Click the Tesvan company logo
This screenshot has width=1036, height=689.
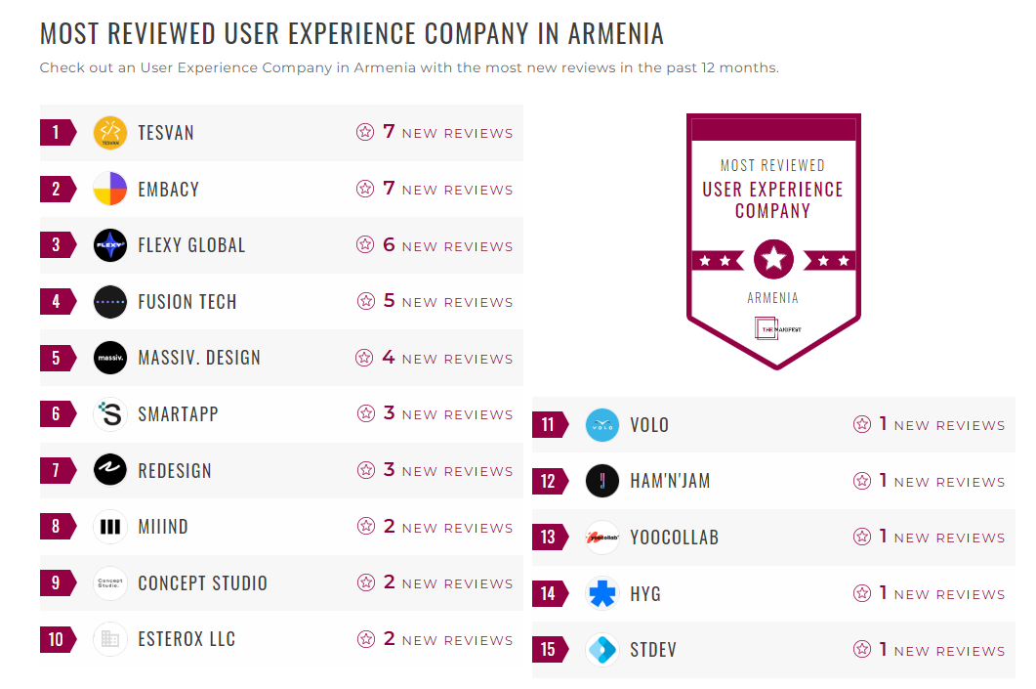(x=110, y=133)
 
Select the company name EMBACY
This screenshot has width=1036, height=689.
(x=168, y=190)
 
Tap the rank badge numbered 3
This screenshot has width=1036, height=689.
(x=57, y=245)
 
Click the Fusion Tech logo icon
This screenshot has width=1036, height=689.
(x=110, y=302)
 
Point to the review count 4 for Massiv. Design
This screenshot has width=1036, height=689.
(x=389, y=358)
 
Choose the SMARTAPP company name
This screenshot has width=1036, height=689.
(x=178, y=414)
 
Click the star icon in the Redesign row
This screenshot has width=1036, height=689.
(x=365, y=470)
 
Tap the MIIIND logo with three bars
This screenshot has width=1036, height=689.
(x=110, y=527)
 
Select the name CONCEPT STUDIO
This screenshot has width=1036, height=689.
(x=202, y=583)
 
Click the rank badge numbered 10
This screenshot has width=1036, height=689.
(x=57, y=639)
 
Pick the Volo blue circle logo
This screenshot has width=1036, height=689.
(x=602, y=425)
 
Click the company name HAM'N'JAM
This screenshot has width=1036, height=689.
(x=670, y=481)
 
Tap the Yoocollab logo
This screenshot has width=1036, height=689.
(x=602, y=538)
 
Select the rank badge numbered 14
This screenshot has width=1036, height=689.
(x=549, y=593)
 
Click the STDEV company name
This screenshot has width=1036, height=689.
(x=653, y=650)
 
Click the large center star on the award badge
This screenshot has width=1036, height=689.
(x=773, y=259)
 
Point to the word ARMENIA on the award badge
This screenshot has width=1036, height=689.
(x=773, y=298)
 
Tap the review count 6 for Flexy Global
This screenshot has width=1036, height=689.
(x=389, y=245)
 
